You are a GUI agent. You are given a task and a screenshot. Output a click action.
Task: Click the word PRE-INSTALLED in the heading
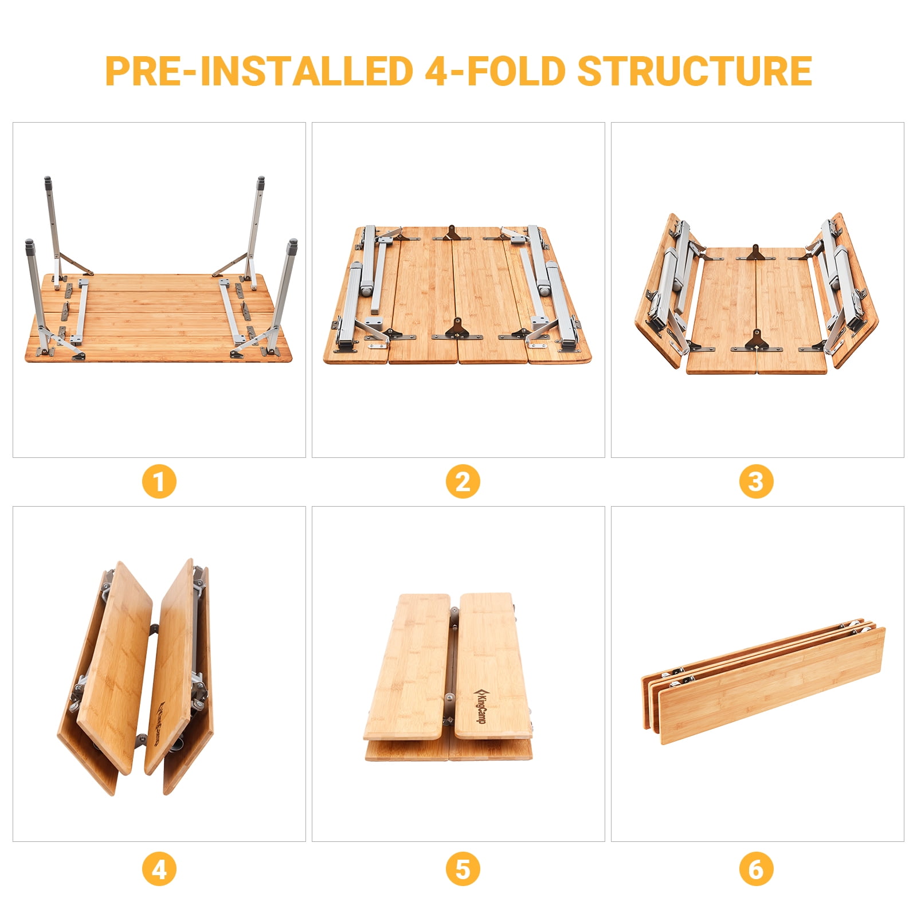[259, 71]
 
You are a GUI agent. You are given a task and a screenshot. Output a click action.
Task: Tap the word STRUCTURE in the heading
[694, 71]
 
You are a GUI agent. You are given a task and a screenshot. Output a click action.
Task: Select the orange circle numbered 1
[159, 481]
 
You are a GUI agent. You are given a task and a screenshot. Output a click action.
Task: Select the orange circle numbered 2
[463, 481]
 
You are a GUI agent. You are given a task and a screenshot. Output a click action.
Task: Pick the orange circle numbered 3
[756, 481]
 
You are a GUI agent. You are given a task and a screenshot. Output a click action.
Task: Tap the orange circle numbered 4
[159, 869]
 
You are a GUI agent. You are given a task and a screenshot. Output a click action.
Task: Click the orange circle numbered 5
[463, 869]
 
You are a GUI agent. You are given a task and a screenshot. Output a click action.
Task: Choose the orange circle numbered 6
[756, 869]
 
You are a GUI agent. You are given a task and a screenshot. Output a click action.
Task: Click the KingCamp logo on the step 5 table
[480, 706]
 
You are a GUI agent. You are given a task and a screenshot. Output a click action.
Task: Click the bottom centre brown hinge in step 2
[457, 330]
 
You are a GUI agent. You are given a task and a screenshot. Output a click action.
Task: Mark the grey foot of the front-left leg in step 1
[29, 248]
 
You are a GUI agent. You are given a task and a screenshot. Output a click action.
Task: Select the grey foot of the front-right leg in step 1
[293, 247]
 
